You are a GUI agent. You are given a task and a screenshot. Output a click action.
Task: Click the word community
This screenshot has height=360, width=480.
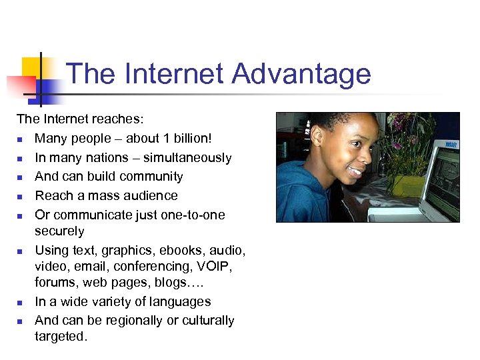[151, 177]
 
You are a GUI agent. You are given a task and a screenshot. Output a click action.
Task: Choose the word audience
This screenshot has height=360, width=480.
[150, 196]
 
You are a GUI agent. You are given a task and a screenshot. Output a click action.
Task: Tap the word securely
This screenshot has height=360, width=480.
[59, 231]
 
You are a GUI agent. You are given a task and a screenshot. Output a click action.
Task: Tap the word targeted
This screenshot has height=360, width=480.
[61, 337]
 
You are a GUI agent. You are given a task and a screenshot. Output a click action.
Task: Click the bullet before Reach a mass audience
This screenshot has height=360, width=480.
[21, 197]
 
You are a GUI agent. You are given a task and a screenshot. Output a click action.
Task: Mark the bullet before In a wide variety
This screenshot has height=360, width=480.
[21, 302]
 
